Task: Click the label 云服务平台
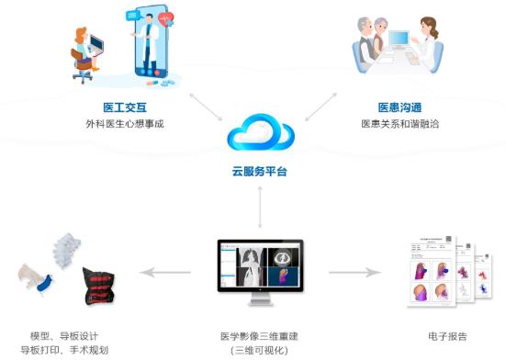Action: [261, 172]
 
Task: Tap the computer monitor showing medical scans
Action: [260, 269]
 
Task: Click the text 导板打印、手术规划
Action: [63, 350]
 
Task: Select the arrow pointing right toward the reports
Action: [354, 272]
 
